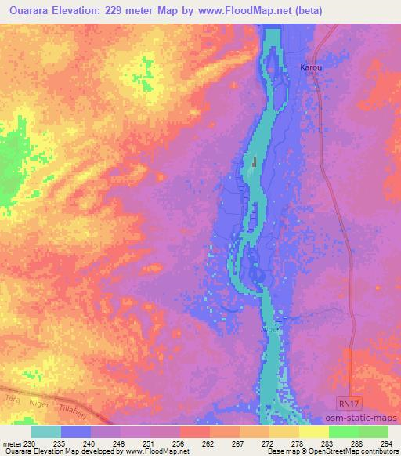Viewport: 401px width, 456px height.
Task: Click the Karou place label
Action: coord(312,68)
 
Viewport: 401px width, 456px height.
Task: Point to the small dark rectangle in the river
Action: coord(255,162)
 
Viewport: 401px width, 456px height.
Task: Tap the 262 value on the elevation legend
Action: coord(208,443)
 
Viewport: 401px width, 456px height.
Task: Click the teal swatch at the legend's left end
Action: coord(46,432)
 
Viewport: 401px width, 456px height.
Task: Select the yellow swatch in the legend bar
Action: coord(314,432)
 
